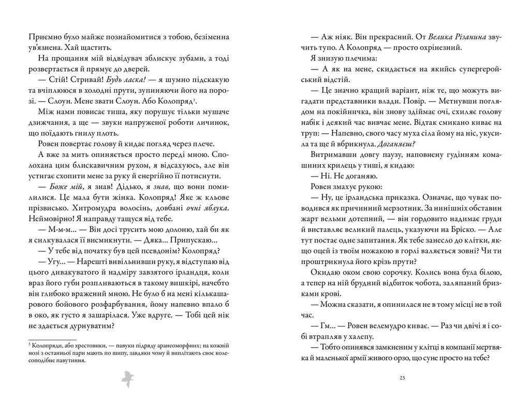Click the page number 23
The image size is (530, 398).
(402, 377)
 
